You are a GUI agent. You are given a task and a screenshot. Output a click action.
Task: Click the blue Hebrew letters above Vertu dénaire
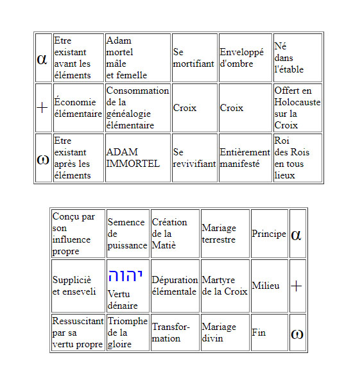125,276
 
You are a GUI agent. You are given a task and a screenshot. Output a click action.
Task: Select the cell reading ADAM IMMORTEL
138,158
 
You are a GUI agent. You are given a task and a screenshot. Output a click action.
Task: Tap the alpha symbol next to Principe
296,235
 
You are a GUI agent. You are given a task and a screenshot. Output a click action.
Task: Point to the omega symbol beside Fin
297,334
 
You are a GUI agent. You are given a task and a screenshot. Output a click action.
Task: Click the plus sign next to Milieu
296,286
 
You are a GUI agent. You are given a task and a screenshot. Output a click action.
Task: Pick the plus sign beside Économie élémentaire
42,108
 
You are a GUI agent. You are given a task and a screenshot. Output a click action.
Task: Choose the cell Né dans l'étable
298,58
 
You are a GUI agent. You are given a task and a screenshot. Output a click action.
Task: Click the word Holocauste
297,102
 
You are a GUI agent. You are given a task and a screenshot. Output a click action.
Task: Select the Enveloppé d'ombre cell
245,58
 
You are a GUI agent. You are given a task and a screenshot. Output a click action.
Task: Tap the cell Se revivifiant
194,158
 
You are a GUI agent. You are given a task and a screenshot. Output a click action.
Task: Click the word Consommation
137,91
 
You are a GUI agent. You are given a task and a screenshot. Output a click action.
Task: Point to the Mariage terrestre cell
225,234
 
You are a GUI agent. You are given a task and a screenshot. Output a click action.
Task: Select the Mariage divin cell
225,332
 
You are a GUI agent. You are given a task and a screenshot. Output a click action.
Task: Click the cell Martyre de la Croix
225,286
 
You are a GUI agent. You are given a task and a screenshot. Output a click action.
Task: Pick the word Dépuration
175,280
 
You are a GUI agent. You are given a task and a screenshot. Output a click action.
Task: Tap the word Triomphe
128,321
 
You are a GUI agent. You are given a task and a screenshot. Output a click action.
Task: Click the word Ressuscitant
78,321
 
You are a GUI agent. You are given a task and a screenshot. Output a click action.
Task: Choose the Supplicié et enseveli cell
78,286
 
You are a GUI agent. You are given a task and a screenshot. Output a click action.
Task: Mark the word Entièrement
245,152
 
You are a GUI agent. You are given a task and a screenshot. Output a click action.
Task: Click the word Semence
126,222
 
